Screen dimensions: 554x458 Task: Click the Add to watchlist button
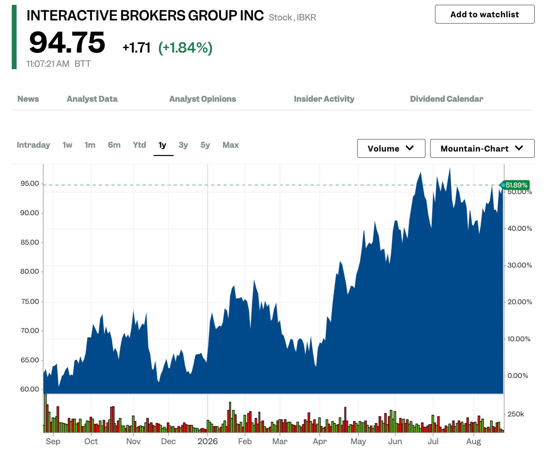484,14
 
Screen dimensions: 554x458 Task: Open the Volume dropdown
391,148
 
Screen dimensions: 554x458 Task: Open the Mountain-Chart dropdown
482,148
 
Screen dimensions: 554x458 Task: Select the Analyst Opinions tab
203,99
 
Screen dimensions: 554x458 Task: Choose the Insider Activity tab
324,99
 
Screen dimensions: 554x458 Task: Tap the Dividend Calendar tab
446,99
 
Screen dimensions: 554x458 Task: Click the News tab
28,99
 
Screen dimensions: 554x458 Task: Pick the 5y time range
205,145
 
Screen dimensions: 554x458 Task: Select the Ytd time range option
139,145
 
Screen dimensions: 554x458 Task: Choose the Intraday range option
33,145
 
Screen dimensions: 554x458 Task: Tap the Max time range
231,145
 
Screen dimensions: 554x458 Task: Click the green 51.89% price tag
515,185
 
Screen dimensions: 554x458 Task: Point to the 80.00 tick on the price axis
29,272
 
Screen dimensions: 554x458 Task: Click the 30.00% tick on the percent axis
519,265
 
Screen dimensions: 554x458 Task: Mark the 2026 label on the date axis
207,441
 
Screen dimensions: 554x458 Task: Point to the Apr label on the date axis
320,442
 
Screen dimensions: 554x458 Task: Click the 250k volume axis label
516,414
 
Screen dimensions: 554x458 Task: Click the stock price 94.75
67,42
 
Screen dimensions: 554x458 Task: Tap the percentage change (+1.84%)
185,48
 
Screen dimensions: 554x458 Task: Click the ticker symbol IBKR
306,17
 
